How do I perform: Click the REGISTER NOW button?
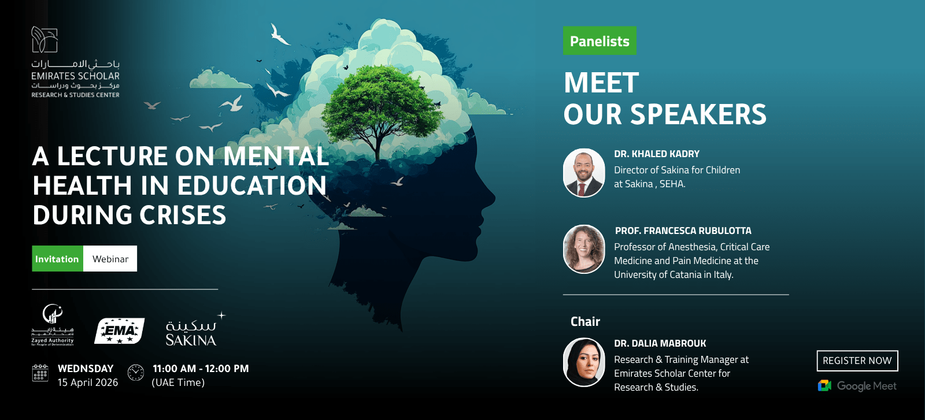click(857, 360)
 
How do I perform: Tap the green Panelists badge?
click(600, 41)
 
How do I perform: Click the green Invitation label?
click(57, 259)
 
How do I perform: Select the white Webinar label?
click(110, 259)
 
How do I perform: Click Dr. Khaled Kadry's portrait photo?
click(584, 173)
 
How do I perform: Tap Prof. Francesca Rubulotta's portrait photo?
click(584, 249)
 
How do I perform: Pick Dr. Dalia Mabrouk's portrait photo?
click(584, 362)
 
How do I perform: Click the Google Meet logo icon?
click(824, 385)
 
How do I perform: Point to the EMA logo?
click(119, 331)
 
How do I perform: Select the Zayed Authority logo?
click(53, 325)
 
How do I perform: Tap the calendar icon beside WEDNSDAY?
click(40, 373)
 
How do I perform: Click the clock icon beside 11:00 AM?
click(136, 373)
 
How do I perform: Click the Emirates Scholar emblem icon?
click(45, 39)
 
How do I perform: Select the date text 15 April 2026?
click(88, 382)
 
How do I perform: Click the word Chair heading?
click(585, 321)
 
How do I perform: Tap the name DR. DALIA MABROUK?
click(660, 343)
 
